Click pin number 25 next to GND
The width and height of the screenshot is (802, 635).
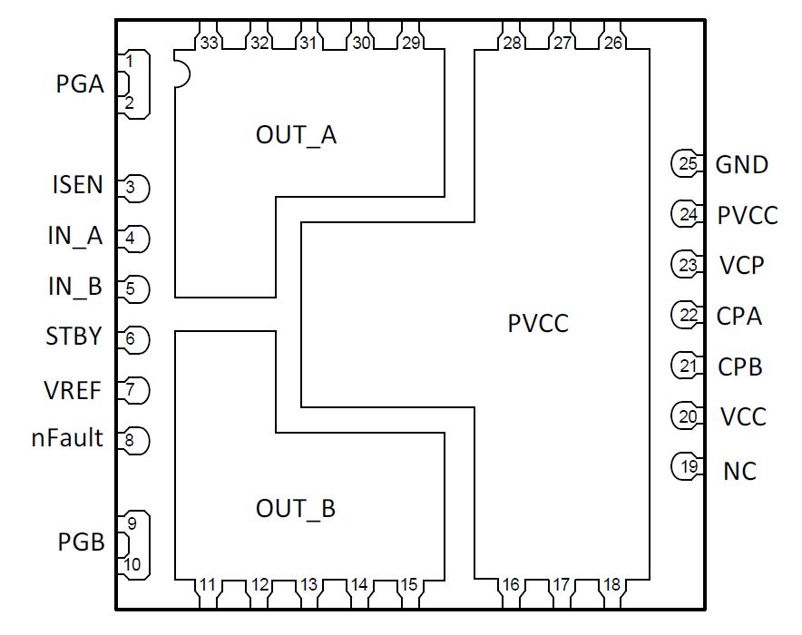689,164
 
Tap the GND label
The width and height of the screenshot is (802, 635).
741,165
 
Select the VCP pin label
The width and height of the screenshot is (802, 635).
741,266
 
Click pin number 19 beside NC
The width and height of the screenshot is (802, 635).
689,468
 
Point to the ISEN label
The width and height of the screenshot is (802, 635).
76,186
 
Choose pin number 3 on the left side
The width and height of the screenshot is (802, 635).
132,189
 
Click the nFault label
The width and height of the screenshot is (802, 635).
66,439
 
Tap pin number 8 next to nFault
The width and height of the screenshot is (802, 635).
132,442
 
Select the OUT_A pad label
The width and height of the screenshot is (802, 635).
296,136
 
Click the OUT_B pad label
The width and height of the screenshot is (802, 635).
296,509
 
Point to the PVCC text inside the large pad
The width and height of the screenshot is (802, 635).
538,322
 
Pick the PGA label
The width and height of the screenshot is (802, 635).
80,86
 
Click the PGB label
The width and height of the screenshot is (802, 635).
80,543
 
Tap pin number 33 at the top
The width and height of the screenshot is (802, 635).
210,43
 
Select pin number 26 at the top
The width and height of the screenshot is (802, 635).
613,43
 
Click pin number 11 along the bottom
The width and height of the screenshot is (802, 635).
210,585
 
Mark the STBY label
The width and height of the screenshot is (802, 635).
73,338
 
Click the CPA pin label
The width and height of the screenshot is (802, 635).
738,317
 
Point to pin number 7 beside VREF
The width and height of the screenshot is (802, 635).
132,391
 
